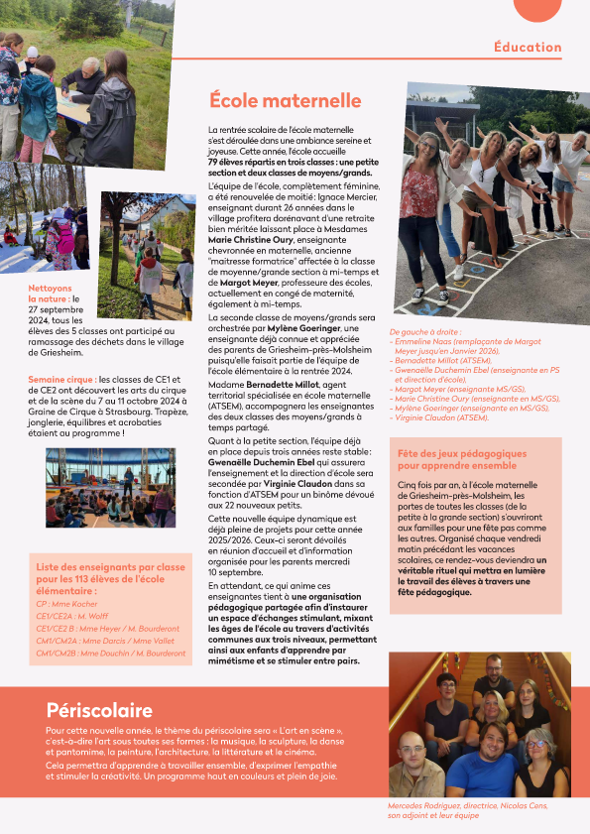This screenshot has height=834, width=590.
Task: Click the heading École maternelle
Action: coord(285,100)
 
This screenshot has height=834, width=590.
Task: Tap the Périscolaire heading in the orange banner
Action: coord(99,710)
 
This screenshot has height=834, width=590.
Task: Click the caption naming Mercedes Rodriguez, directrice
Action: coord(466,806)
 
